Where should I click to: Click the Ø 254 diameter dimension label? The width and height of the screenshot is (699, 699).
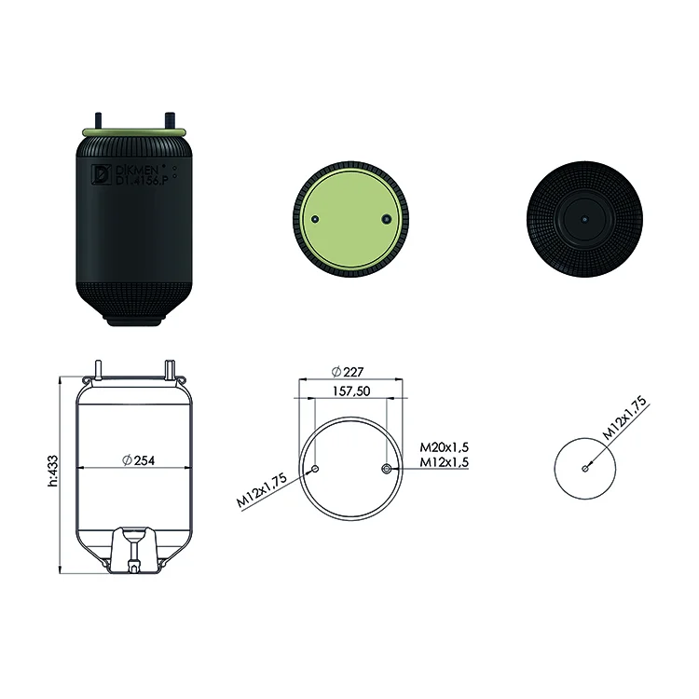(x=138, y=460)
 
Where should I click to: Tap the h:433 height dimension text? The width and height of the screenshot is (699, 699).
(x=53, y=471)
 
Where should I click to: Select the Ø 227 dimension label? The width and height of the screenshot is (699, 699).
(x=348, y=371)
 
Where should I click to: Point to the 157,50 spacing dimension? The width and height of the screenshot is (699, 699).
(x=351, y=391)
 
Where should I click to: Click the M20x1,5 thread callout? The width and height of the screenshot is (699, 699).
(x=444, y=447)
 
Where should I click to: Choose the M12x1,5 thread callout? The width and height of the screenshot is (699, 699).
(x=444, y=462)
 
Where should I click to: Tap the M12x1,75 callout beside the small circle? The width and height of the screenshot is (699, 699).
(x=624, y=418)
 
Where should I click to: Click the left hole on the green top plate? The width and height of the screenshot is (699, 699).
(x=315, y=219)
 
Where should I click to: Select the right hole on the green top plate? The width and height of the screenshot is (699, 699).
(x=386, y=219)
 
